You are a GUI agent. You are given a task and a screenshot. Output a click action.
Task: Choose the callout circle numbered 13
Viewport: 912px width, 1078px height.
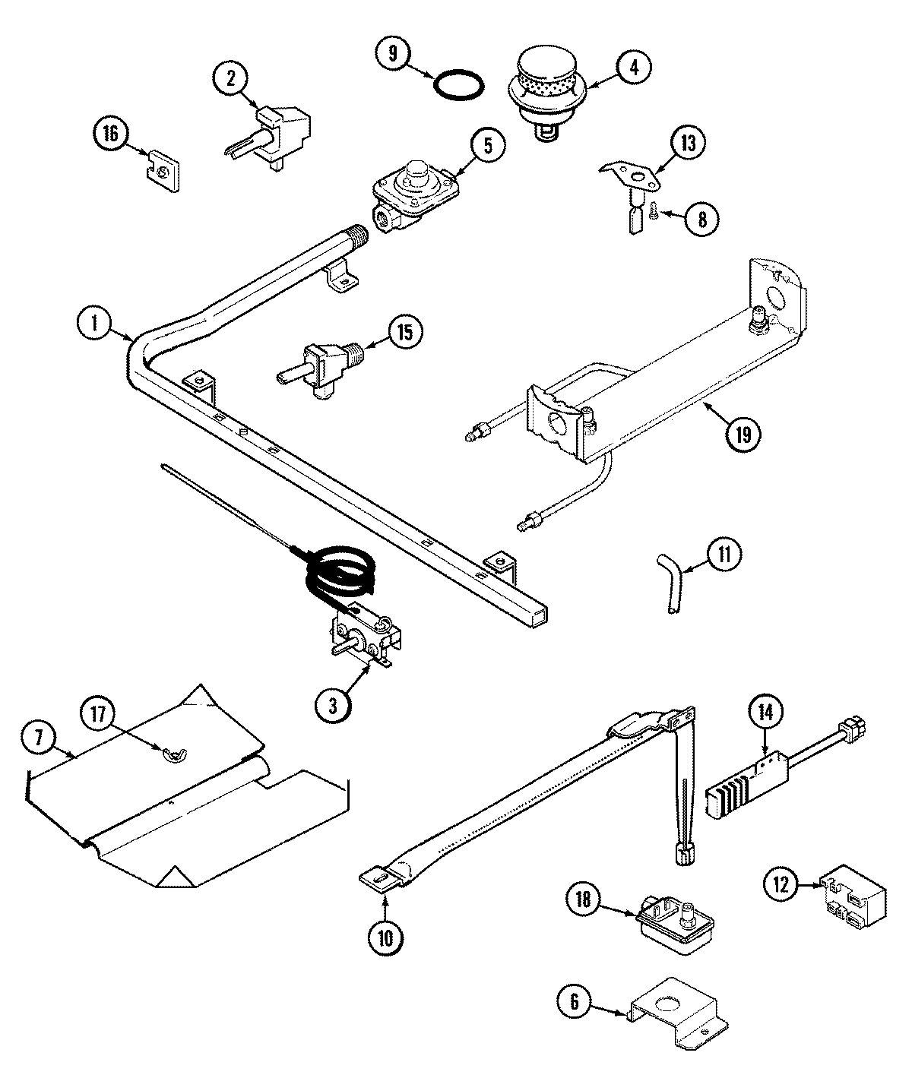688,144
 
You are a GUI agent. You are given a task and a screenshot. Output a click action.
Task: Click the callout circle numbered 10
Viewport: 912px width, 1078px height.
387,937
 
